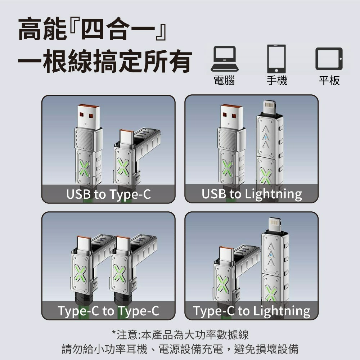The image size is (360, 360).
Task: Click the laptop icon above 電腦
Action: (x=224, y=58)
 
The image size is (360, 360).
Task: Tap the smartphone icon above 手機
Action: (x=276, y=58)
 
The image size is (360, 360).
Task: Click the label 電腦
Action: (x=224, y=80)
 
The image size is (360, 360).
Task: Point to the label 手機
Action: (x=276, y=80)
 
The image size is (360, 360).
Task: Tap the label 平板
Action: (x=329, y=80)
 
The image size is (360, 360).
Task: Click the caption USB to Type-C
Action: (x=108, y=194)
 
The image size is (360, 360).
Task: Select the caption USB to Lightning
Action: (x=252, y=194)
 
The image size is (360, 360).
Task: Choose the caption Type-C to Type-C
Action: (x=108, y=311)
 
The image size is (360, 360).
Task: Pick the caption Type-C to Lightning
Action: (x=252, y=311)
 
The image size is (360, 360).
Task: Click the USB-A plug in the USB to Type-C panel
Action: (x=88, y=116)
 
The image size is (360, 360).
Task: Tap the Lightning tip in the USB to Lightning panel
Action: (x=269, y=107)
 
